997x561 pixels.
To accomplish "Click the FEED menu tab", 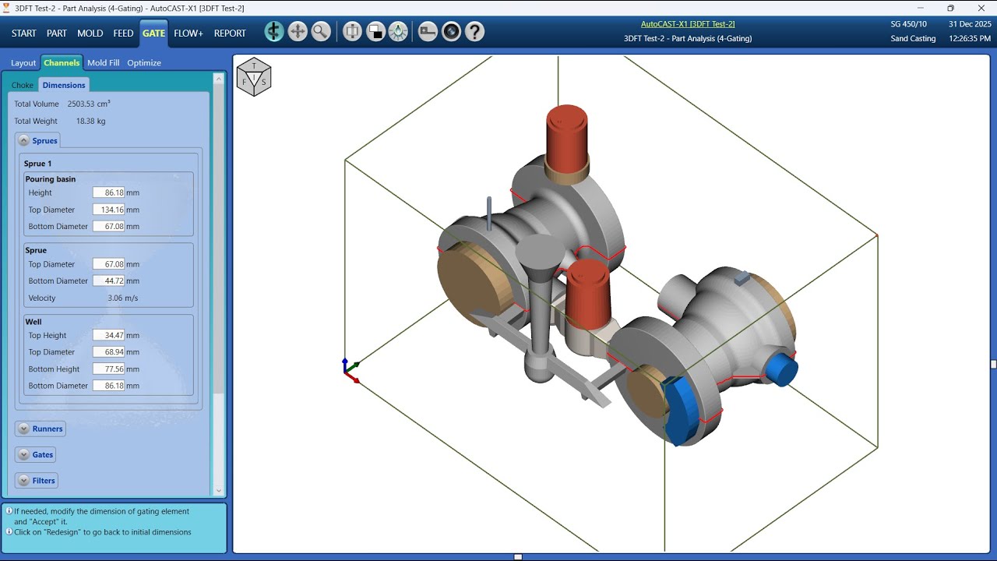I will point(123,34).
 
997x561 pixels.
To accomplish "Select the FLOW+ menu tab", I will point(188,34).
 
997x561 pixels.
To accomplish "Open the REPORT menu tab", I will point(230,34).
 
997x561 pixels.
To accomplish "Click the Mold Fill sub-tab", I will point(103,63).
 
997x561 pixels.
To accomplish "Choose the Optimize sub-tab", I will point(144,63).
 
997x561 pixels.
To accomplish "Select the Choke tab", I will point(23,85).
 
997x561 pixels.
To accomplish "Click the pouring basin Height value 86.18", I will point(108,192).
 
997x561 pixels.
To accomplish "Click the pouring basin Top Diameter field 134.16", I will point(108,210).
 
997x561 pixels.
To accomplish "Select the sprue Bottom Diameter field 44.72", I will point(108,280).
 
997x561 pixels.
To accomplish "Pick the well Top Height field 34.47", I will point(108,335).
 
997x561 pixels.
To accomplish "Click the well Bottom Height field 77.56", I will point(108,369).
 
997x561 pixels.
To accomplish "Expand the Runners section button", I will point(40,429).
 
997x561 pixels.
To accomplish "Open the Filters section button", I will point(36,481).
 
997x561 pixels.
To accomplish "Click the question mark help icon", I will point(474,32).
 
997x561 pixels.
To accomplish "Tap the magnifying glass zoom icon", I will point(321,32).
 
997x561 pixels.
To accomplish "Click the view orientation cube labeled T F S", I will point(254,76).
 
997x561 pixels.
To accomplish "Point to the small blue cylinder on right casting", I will point(780,369).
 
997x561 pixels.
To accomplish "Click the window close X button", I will point(981,8).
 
